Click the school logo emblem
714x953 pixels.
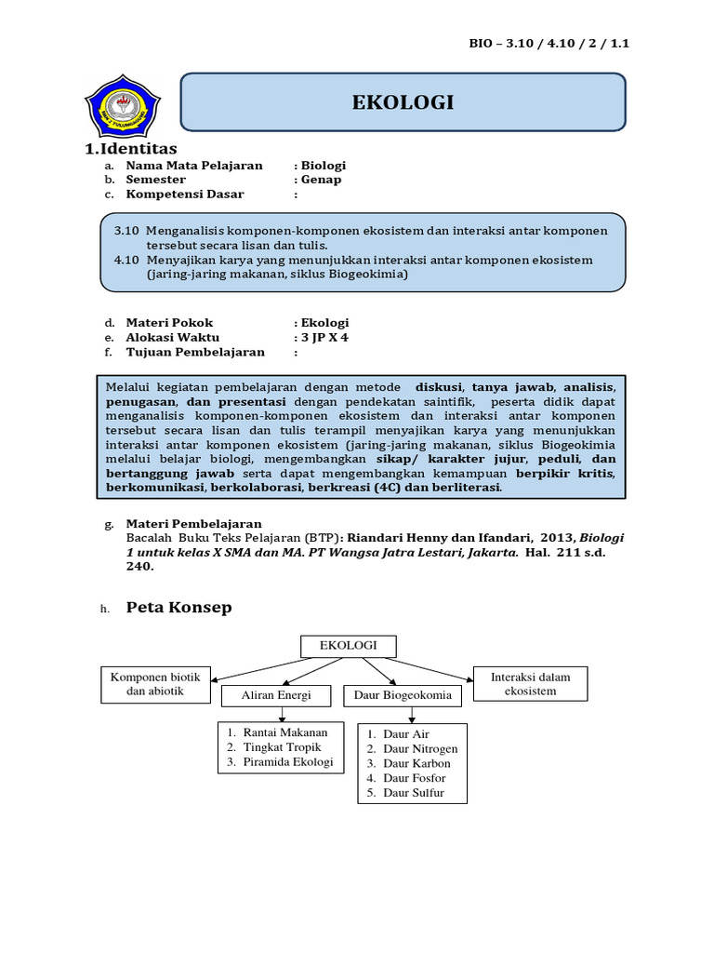coord(122,105)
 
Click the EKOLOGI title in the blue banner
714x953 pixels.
coord(403,102)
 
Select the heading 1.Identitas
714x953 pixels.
coord(131,149)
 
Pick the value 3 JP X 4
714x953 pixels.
coord(325,338)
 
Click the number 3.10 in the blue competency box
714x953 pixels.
coord(126,230)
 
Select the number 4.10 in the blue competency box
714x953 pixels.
coord(126,260)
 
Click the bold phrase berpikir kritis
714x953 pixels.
coord(566,473)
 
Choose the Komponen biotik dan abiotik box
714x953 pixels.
coord(155,684)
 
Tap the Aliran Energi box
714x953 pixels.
coord(276,695)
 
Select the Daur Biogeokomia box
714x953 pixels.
coord(402,695)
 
